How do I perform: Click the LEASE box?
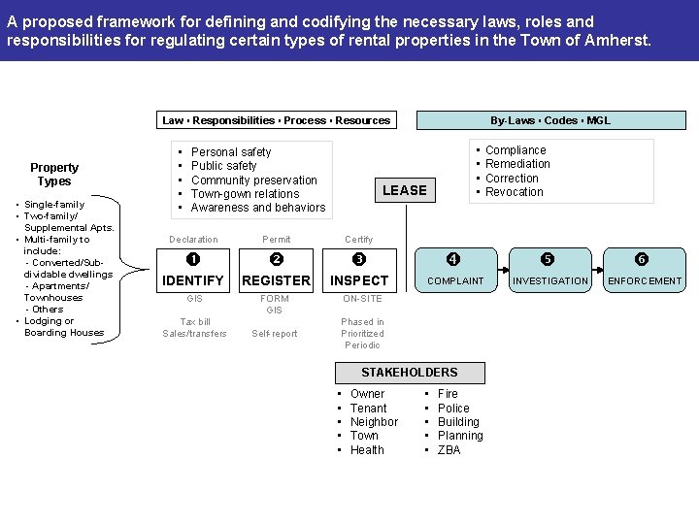point(404,190)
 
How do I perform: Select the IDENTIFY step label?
point(193,280)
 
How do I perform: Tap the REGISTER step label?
point(276,280)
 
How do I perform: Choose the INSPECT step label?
point(359,280)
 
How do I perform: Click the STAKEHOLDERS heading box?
point(409,373)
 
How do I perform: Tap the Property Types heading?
point(54,175)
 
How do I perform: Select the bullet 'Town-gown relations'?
point(245,194)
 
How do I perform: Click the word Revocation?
point(514,192)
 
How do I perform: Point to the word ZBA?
point(449,450)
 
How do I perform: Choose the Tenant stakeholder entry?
point(368,409)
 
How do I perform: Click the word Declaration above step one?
point(193,240)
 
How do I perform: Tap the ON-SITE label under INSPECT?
point(362,299)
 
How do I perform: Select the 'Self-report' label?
point(275,334)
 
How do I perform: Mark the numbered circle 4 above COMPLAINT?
point(452,259)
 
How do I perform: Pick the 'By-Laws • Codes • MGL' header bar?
point(549,120)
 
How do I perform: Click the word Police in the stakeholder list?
point(453,409)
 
